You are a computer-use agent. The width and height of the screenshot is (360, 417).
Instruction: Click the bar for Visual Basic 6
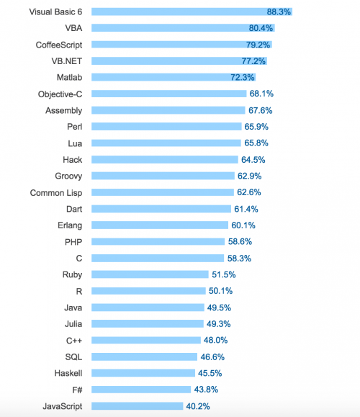(192, 12)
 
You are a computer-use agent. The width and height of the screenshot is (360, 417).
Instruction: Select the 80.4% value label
(261, 28)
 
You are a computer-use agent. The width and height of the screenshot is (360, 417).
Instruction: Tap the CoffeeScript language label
(59, 45)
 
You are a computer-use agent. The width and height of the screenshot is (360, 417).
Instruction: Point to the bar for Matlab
(174, 77)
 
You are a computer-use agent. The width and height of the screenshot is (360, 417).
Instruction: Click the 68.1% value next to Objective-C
(261, 94)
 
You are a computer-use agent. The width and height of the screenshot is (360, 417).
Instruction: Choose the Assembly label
(64, 111)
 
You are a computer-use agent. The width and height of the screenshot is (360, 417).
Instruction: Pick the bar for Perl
(166, 126)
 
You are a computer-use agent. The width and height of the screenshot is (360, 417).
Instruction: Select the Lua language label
(75, 143)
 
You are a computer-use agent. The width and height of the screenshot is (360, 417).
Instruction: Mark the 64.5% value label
(253, 160)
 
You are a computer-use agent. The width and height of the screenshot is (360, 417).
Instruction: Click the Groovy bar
(163, 176)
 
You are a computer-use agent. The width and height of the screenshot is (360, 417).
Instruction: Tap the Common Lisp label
(56, 193)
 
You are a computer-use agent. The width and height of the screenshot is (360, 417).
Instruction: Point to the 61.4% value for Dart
(246, 209)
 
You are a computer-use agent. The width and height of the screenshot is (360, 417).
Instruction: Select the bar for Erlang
(160, 225)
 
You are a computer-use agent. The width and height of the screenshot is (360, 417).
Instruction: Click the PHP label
(73, 242)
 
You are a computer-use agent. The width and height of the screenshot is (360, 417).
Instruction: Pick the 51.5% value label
(224, 274)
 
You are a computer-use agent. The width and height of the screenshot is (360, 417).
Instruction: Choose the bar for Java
(148, 308)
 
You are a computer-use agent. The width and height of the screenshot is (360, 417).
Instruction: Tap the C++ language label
(74, 341)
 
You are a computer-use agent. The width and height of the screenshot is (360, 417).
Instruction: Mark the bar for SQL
(145, 357)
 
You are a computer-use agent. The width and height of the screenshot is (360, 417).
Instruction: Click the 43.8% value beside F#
(206, 390)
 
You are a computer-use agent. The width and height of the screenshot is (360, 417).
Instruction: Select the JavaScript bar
(138, 406)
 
